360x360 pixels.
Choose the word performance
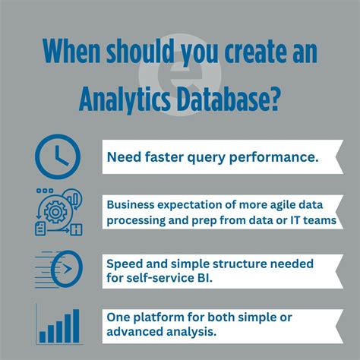tap(267, 159)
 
